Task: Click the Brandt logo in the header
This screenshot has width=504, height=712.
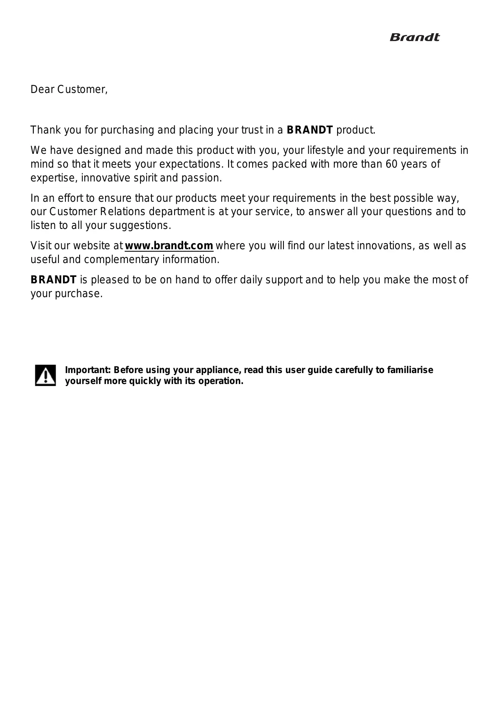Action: pyautogui.click(x=414, y=37)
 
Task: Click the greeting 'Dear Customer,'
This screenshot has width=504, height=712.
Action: pyautogui.click(x=69, y=89)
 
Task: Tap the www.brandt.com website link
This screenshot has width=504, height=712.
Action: pyautogui.click(x=169, y=246)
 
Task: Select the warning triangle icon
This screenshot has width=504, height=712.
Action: pyautogui.click(x=45, y=375)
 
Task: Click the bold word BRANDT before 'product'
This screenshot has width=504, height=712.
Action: pyautogui.click(x=310, y=130)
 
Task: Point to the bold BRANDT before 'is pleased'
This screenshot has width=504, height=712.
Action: pyautogui.click(x=54, y=280)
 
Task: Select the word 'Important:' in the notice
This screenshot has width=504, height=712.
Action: pyautogui.click(x=88, y=370)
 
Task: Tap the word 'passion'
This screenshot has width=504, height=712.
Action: pyautogui.click(x=205, y=178)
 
